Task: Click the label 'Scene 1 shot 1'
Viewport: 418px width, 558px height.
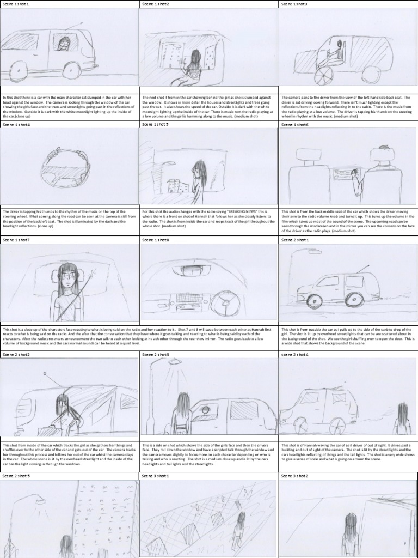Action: tap(16, 4)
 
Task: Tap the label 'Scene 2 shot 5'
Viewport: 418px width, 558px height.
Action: tap(16, 476)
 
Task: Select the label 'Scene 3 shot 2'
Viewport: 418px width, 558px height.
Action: tap(294, 476)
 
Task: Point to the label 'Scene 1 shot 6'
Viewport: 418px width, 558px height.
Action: tap(294, 125)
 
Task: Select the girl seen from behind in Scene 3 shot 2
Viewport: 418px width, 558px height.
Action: tap(350, 531)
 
